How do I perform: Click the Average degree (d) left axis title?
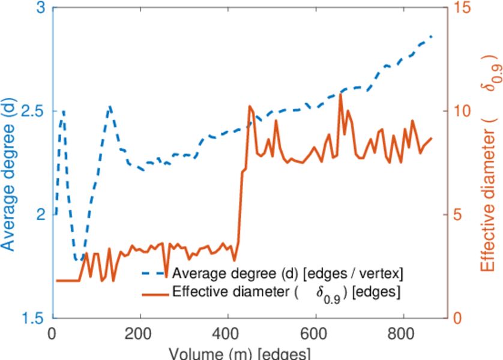click(8, 165)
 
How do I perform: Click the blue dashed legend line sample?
click(155, 274)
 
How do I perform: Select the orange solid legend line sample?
click(155, 293)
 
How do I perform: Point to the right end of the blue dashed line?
click(432, 37)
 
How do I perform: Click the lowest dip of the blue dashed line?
click(77, 260)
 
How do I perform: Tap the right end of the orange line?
click(432, 139)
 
